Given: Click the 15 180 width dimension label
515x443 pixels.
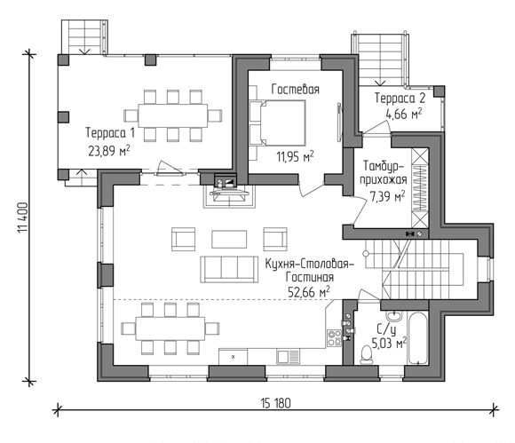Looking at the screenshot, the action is (x=276, y=403).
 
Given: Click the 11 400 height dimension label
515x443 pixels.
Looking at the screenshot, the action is (x=23, y=218).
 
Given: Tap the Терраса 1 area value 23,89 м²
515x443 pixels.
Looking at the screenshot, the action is (x=108, y=151).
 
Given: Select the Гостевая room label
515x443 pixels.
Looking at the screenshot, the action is (x=296, y=89).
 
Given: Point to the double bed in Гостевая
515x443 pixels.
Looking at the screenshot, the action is (x=278, y=123).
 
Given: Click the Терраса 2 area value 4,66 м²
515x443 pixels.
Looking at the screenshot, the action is (x=404, y=114).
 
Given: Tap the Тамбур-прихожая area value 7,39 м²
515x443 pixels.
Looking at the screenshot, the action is (x=387, y=196).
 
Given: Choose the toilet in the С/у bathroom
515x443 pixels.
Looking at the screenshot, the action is (x=366, y=354).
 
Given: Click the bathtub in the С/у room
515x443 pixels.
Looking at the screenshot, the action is (x=417, y=337).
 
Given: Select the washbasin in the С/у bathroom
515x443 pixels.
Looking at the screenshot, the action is (x=393, y=316).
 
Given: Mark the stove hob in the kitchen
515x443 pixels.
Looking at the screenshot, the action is (x=334, y=338).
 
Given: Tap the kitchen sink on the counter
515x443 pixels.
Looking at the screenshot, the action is (x=288, y=357).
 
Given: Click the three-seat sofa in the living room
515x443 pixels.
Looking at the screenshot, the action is (x=229, y=270).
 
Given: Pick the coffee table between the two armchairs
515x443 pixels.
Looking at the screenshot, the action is (x=229, y=239).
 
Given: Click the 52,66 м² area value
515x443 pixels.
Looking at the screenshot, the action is (x=309, y=291).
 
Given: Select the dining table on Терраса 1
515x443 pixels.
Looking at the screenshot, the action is (x=173, y=115).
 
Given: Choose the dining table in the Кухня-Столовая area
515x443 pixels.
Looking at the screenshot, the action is (x=170, y=328).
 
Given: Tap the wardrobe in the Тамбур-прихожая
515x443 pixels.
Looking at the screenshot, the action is (x=420, y=188).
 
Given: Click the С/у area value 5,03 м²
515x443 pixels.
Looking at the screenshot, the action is (x=389, y=344).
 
